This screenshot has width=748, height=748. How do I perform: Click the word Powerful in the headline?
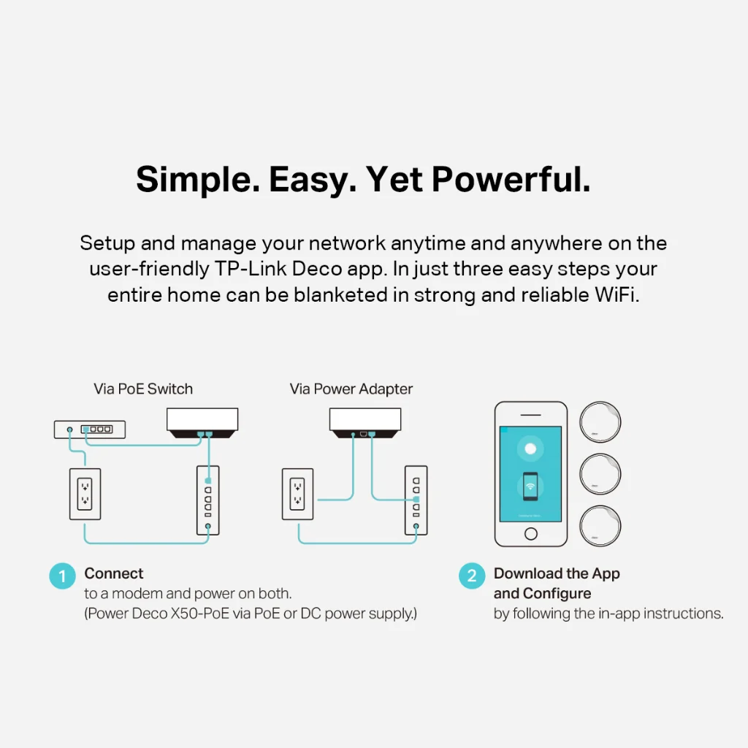[x=511, y=180]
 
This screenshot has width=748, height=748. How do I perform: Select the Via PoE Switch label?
[x=143, y=389]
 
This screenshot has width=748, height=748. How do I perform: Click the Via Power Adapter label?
[x=351, y=389]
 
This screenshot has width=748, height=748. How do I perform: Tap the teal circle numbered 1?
[x=63, y=576]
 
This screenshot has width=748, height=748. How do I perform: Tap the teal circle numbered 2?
[x=472, y=576]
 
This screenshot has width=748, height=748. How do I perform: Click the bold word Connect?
[x=113, y=573]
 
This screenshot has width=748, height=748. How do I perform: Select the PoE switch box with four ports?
[x=90, y=430]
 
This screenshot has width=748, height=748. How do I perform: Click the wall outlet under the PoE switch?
[x=85, y=494]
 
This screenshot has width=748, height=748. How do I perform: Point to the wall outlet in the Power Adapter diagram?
[x=298, y=494]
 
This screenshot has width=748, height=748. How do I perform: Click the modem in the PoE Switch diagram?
[x=208, y=500]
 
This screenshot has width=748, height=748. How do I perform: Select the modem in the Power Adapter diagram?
[x=416, y=500]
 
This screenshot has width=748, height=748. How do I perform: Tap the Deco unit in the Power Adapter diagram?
[x=365, y=423]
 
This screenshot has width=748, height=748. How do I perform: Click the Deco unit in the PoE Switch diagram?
[x=202, y=423]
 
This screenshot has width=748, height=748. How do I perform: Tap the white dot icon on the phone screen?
[x=530, y=449]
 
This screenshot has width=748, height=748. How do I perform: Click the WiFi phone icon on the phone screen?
[x=530, y=486]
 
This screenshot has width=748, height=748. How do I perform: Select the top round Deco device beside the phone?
[x=600, y=422]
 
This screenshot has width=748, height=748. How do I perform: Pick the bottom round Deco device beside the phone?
[x=600, y=526]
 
